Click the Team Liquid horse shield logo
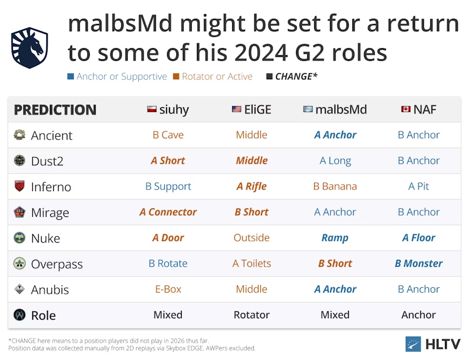(x=29, y=48)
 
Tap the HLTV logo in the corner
(x=433, y=344)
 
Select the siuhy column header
(x=168, y=110)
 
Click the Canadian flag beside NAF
(x=406, y=109)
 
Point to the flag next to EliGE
(x=236, y=109)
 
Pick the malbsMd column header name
(x=341, y=110)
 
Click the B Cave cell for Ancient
(x=168, y=135)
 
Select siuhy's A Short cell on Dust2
(x=168, y=161)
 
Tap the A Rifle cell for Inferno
(x=252, y=186)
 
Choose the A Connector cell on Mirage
(x=168, y=212)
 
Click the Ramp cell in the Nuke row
(x=335, y=238)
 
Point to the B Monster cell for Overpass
(x=419, y=264)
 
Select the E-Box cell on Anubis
(x=168, y=290)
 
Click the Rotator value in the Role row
(x=252, y=315)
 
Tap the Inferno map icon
(x=19, y=186)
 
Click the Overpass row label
(x=57, y=264)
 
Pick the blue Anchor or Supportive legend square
(x=70, y=77)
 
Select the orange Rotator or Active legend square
(x=176, y=77)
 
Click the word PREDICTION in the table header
(x=55, y=110)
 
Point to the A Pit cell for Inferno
(x=419, y=186)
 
